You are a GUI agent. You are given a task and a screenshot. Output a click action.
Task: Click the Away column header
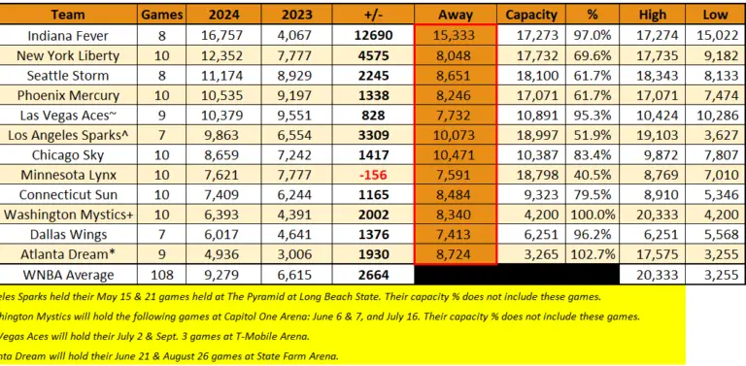coord(456,15)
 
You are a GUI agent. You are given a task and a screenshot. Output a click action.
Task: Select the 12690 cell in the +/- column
coord(377,35)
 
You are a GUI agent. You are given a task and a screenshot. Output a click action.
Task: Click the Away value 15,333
coord(456,35)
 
